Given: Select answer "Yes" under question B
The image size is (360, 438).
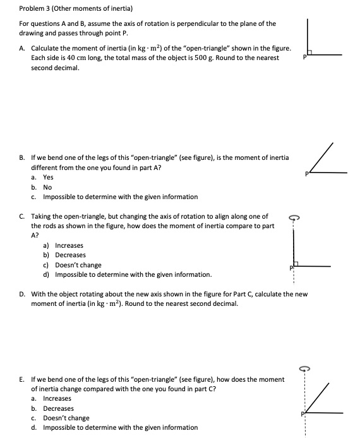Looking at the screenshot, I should pyautogui.click(x=49, y=178).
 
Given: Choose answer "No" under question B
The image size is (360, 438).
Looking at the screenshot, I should pyautogui.click(x=47, y=188).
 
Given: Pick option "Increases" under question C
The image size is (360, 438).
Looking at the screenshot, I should pyautogui.click(x=69, y=245).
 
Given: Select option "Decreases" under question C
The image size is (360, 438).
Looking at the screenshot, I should pyautogui.click(x=70, y=255).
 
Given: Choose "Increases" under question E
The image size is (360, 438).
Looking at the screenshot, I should pyautogui.click(x=57, y=398).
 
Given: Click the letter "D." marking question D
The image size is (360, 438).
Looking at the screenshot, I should pyautogui.click(x=23, y=293).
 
